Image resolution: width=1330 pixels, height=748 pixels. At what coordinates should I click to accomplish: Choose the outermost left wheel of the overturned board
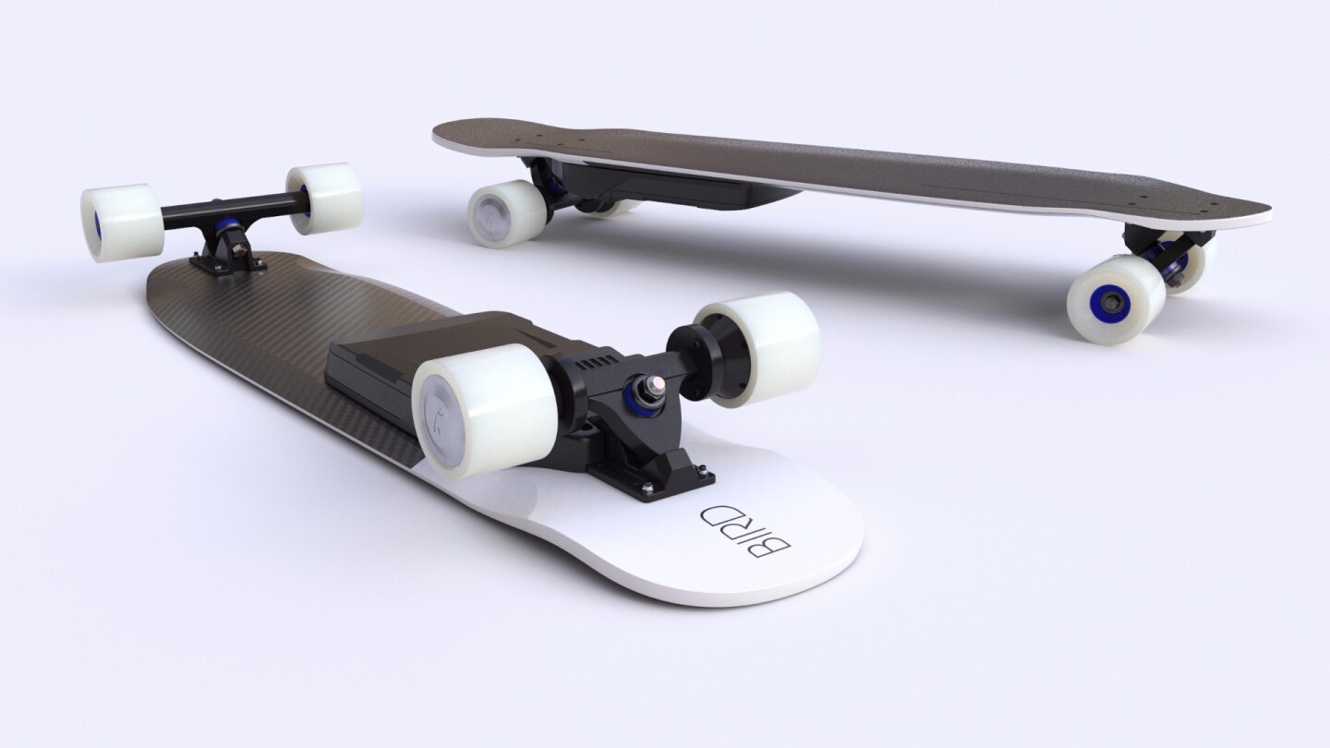point(121,222)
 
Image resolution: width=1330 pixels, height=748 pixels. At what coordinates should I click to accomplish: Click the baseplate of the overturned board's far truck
point(225,261)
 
